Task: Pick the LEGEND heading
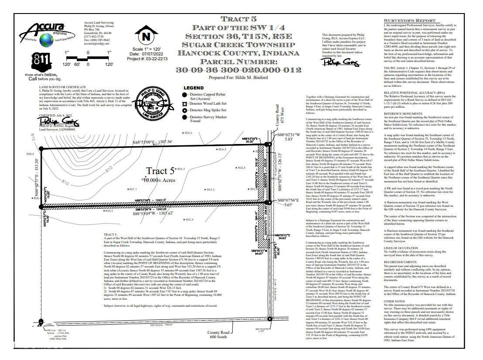point(193,88)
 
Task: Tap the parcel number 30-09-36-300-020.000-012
point(238,70)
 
